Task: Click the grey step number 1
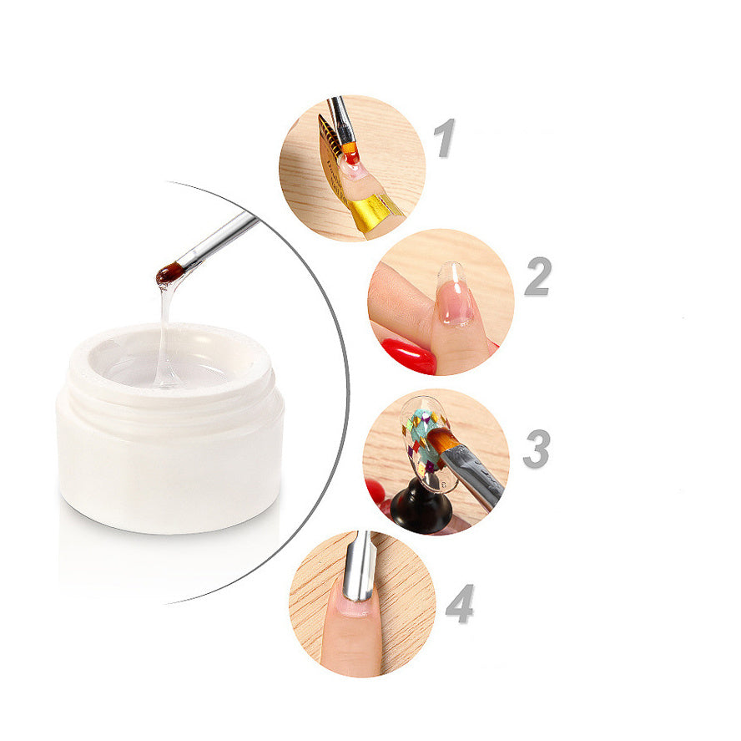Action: (x=446, y=137)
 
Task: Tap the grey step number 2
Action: (x=537, y=276)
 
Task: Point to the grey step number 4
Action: (x=459, y=603)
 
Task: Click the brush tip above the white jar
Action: (x=170, y=273)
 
